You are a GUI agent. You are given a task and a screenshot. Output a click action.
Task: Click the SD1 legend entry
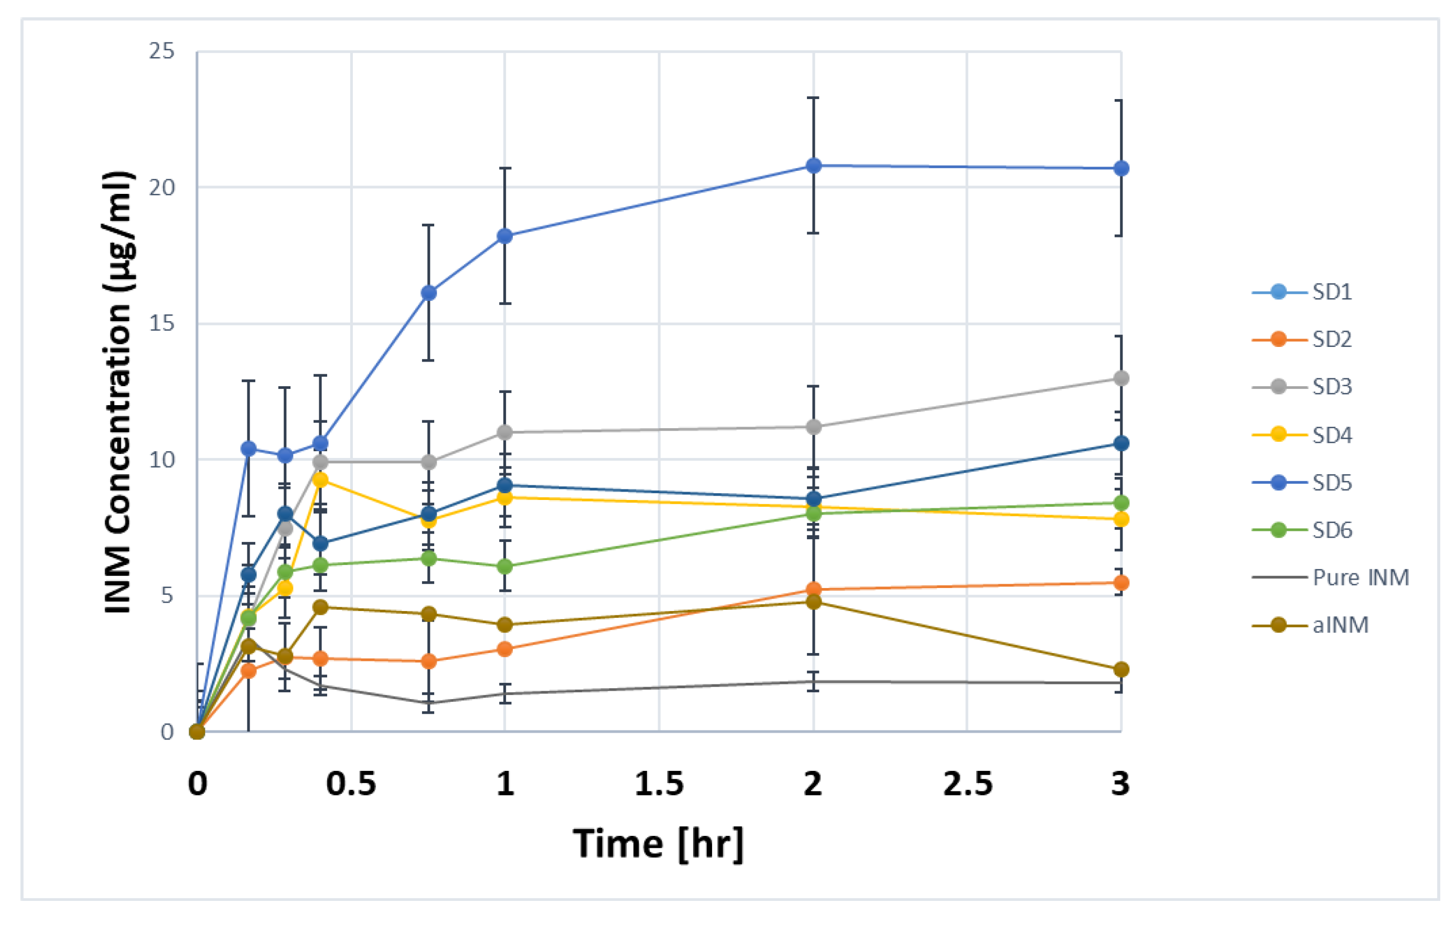coord(1330,292)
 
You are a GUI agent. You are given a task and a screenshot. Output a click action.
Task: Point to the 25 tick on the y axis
coord(161,51)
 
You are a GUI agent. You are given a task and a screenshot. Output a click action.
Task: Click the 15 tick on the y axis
coord(161,323)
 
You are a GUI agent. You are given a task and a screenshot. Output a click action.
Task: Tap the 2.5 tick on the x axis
coord(967,783)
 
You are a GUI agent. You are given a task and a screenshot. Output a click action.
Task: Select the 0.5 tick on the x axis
coord(351,783)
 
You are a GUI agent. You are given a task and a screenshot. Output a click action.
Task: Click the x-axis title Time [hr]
coord(658,843)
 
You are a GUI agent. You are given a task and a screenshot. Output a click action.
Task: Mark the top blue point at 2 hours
coord(814,165)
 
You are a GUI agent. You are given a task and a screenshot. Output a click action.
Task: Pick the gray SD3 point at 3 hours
coord(1121,378)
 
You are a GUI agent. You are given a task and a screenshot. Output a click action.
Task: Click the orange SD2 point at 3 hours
coord(1121,583)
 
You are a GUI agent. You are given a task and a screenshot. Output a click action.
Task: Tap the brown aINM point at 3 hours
coord(1121,669)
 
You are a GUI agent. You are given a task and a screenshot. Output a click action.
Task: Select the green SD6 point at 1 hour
coord(505,567)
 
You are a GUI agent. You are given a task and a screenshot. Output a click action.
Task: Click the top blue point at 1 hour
coord(505,236)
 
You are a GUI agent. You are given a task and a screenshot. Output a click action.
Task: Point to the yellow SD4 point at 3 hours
coord(1121,519)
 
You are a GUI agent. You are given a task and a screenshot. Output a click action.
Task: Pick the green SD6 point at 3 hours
coord(1121,503)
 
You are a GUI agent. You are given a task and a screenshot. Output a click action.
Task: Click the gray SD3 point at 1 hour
coord(505,432)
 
